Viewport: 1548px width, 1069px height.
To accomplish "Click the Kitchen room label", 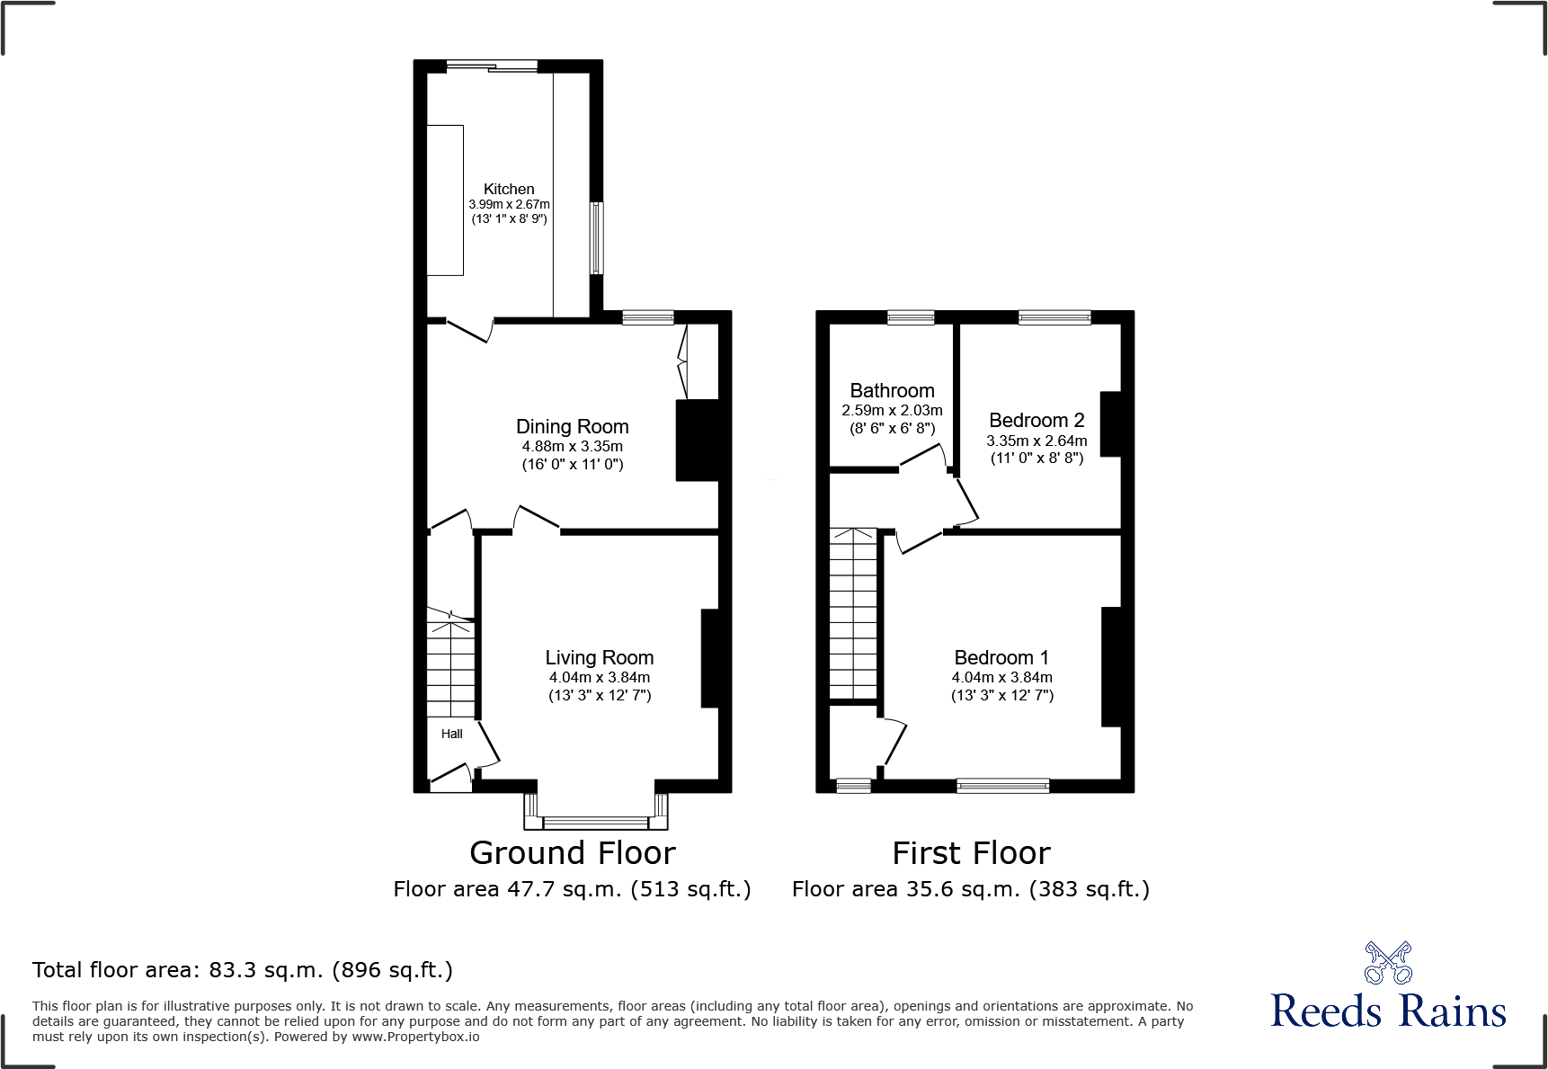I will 509,189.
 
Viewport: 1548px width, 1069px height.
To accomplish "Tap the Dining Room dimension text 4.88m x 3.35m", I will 572,446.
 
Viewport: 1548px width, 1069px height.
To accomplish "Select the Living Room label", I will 599,657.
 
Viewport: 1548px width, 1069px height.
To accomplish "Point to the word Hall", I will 451,734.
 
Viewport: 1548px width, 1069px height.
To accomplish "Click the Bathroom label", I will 892,390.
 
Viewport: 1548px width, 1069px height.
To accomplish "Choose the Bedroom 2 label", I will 1036,420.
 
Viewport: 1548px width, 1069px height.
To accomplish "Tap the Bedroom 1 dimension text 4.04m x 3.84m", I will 1001,677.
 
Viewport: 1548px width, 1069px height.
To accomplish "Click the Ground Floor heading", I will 572,852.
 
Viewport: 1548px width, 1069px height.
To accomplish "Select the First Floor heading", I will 971,852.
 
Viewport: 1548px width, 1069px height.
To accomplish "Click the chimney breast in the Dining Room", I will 698,440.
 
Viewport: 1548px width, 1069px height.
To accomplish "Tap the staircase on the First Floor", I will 852,611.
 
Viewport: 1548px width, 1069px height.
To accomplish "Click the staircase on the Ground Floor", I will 450,665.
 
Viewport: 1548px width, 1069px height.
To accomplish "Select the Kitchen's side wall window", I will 596,237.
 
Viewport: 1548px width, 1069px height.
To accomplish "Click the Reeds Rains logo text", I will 1388,1011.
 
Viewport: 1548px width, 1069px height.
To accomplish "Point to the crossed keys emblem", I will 1388,963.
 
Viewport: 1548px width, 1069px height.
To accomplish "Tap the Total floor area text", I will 242,970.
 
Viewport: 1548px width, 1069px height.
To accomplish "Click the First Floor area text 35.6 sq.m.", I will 970,889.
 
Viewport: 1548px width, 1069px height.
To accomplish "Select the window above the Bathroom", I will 911,316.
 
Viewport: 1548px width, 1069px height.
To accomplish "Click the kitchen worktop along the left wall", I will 445,200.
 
